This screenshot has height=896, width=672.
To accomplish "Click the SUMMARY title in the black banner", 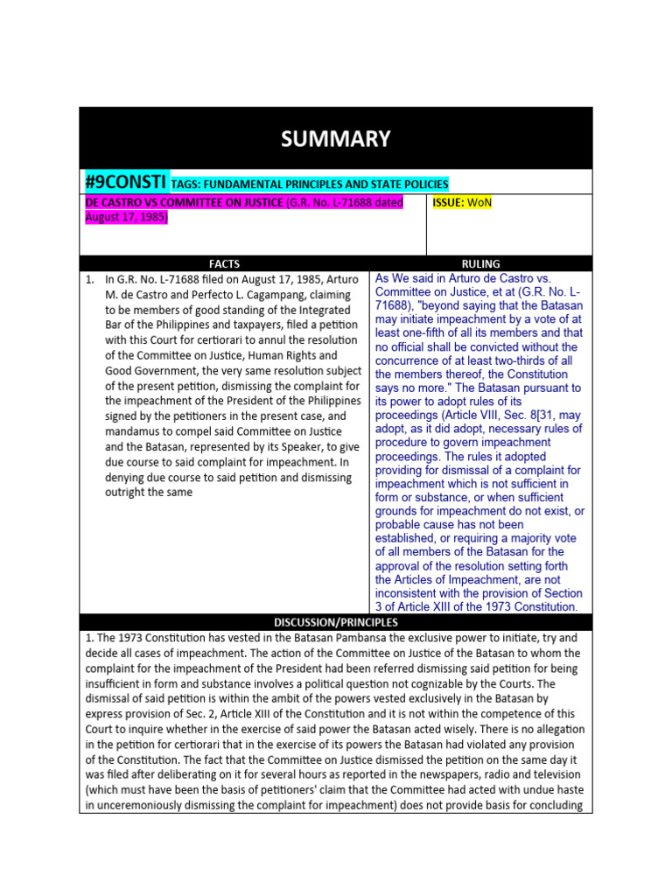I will [335, 139].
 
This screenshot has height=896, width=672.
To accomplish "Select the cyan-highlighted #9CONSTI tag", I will [125, 182].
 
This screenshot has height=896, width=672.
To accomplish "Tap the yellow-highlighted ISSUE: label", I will [449, 203].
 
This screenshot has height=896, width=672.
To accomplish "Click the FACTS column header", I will [224, 263].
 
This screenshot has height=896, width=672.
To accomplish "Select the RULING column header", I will [480, 263].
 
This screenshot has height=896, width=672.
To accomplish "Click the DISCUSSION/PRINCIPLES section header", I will [335, 622].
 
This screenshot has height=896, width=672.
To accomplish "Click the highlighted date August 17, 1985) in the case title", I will [124, 217].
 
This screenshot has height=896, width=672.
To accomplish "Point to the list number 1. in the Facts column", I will [90, 279].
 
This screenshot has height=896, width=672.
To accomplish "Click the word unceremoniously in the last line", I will [140, 805].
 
